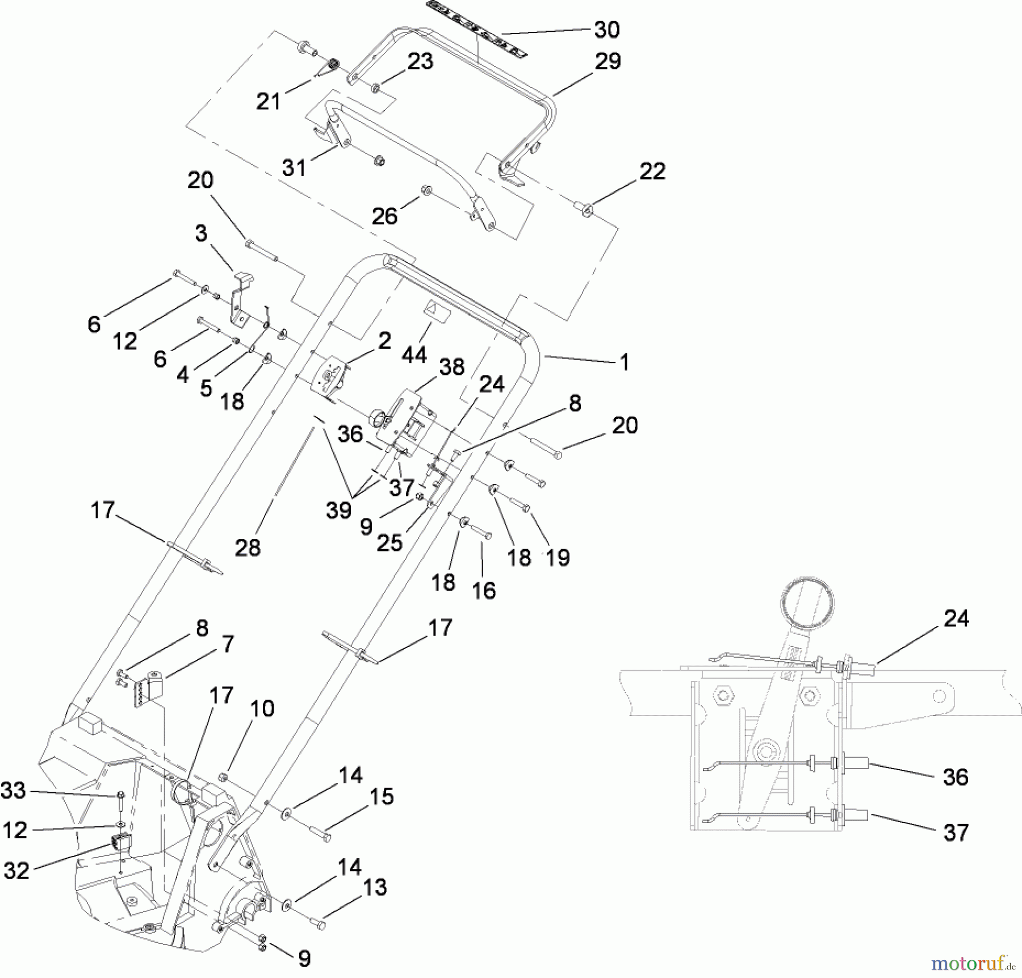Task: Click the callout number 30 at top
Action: [606, 30]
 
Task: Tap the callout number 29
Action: [608, 61]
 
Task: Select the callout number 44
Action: [414, 355]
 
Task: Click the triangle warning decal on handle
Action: [434, 309]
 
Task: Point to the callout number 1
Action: [625, 362]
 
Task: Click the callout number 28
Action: [248, 547]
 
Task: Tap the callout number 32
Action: [16, 870]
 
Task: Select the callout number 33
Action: [14, 791]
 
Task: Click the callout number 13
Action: [375, 887]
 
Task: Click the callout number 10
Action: [262, 708]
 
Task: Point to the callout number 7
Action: [227, 644]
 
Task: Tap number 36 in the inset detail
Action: [956, 777]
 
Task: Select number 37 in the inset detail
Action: [956, 833]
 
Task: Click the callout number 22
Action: [652, 171]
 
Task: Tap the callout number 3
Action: [201, 233]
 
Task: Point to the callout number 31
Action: [294, 168]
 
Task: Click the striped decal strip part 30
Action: [477, 29]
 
